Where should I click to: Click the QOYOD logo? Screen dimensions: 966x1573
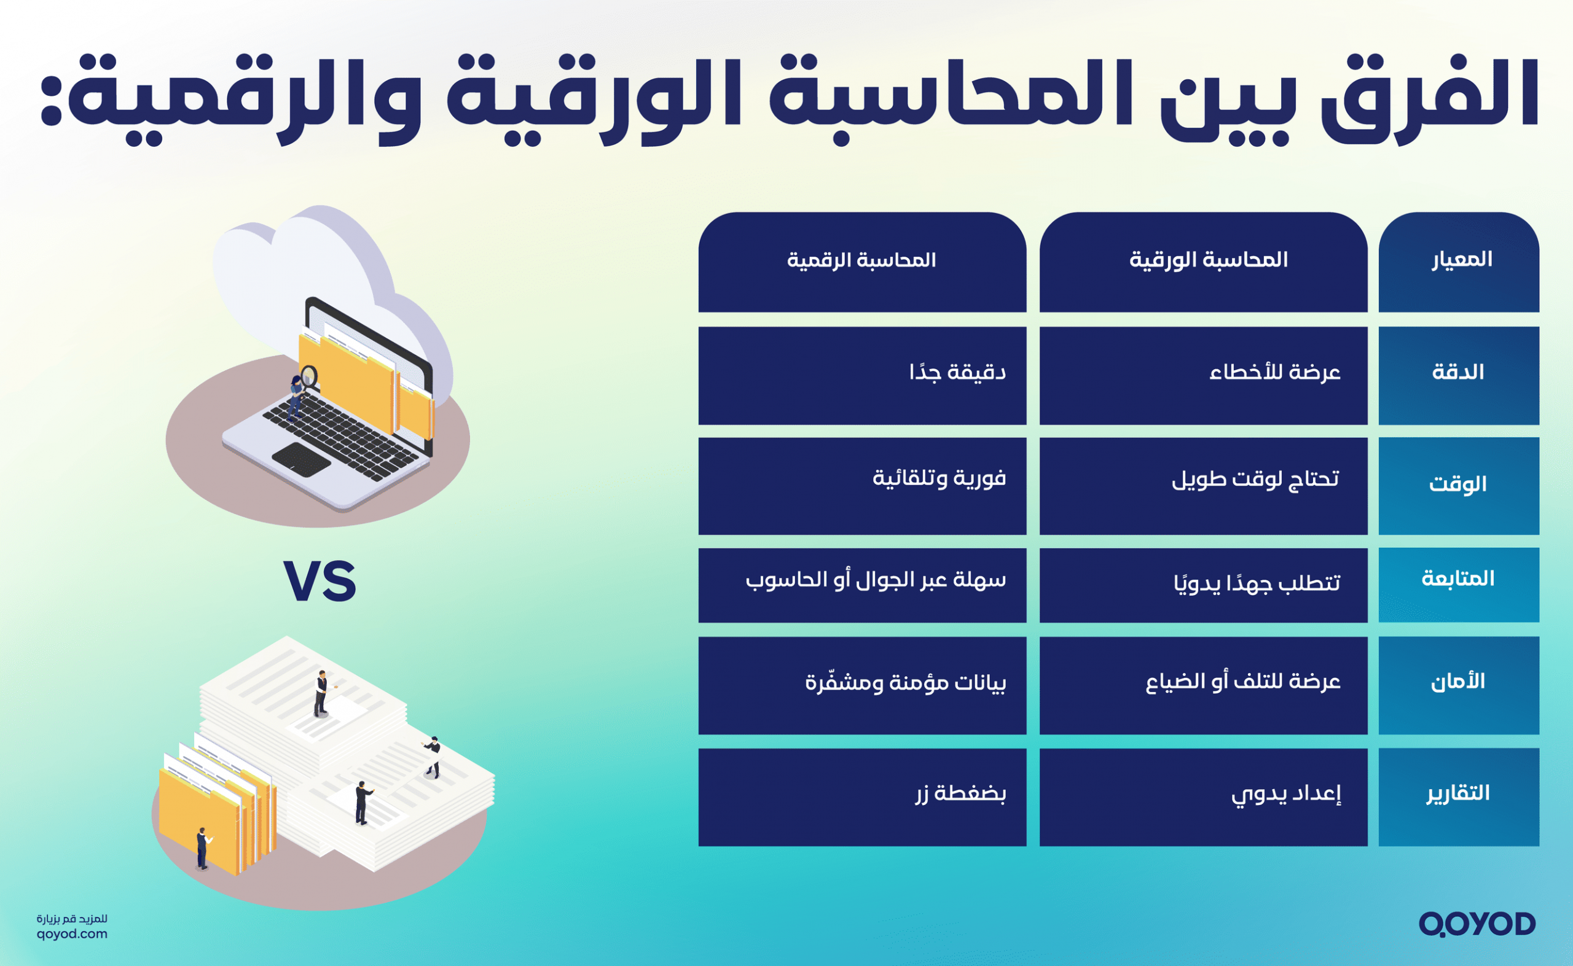pyautogui.click(x=1477, y=924)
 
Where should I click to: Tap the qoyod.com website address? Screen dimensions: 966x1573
pyautogui.click(x=72, y=934)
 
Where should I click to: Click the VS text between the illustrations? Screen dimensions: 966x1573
pyautogui.click(x=320, y=582)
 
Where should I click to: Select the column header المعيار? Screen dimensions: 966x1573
pyautogui.click(x=1462, y=259)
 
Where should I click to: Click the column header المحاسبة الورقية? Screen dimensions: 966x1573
pyautogui.click(x=1208, y=259)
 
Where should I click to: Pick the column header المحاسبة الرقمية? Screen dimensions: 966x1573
pyautogui.click(x=861, y=260)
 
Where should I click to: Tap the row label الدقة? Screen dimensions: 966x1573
pyautogui.click(x=1458, y=372)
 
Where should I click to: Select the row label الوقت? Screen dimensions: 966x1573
pyautogui.click(x=1458, y=485)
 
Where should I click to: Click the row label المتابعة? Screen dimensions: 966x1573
pyautogui.click(x=1458, y=579)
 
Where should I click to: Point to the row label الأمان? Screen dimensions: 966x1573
pyautogui.click(x=1458, y=682)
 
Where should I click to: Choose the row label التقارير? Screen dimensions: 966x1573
pyautogui.click(x=1458, y=793)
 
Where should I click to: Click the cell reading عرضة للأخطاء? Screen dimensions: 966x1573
pyautogui.click(x=1274, y=372)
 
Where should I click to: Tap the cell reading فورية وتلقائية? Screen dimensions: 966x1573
pyautogui.click(x=939, y=478)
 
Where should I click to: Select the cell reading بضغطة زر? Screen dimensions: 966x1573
pyautogui.click(x=960, y=794)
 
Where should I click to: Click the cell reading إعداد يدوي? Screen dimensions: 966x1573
pyautogui.click(x=1286, y=794)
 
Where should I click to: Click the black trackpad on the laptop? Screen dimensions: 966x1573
pyautogui.click(x=302, y=458)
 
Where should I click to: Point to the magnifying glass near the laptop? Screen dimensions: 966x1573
pyautogui.click(x=309, y=376)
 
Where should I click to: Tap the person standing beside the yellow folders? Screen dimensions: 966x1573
pyautogui.click(x=202, y=848)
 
